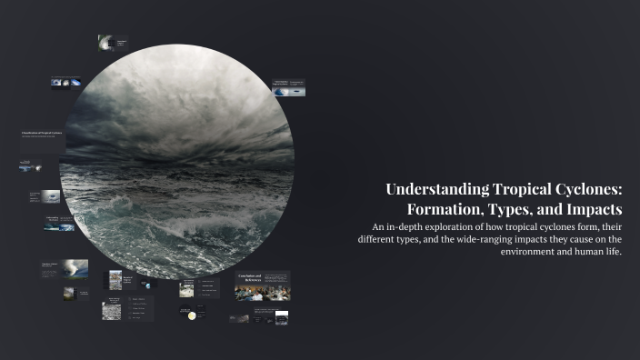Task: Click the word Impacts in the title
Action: pos(589,209)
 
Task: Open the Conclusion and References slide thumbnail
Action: pos(262,285)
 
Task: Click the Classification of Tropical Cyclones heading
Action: pos(42,134)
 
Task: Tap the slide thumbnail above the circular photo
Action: pos(112,42)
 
